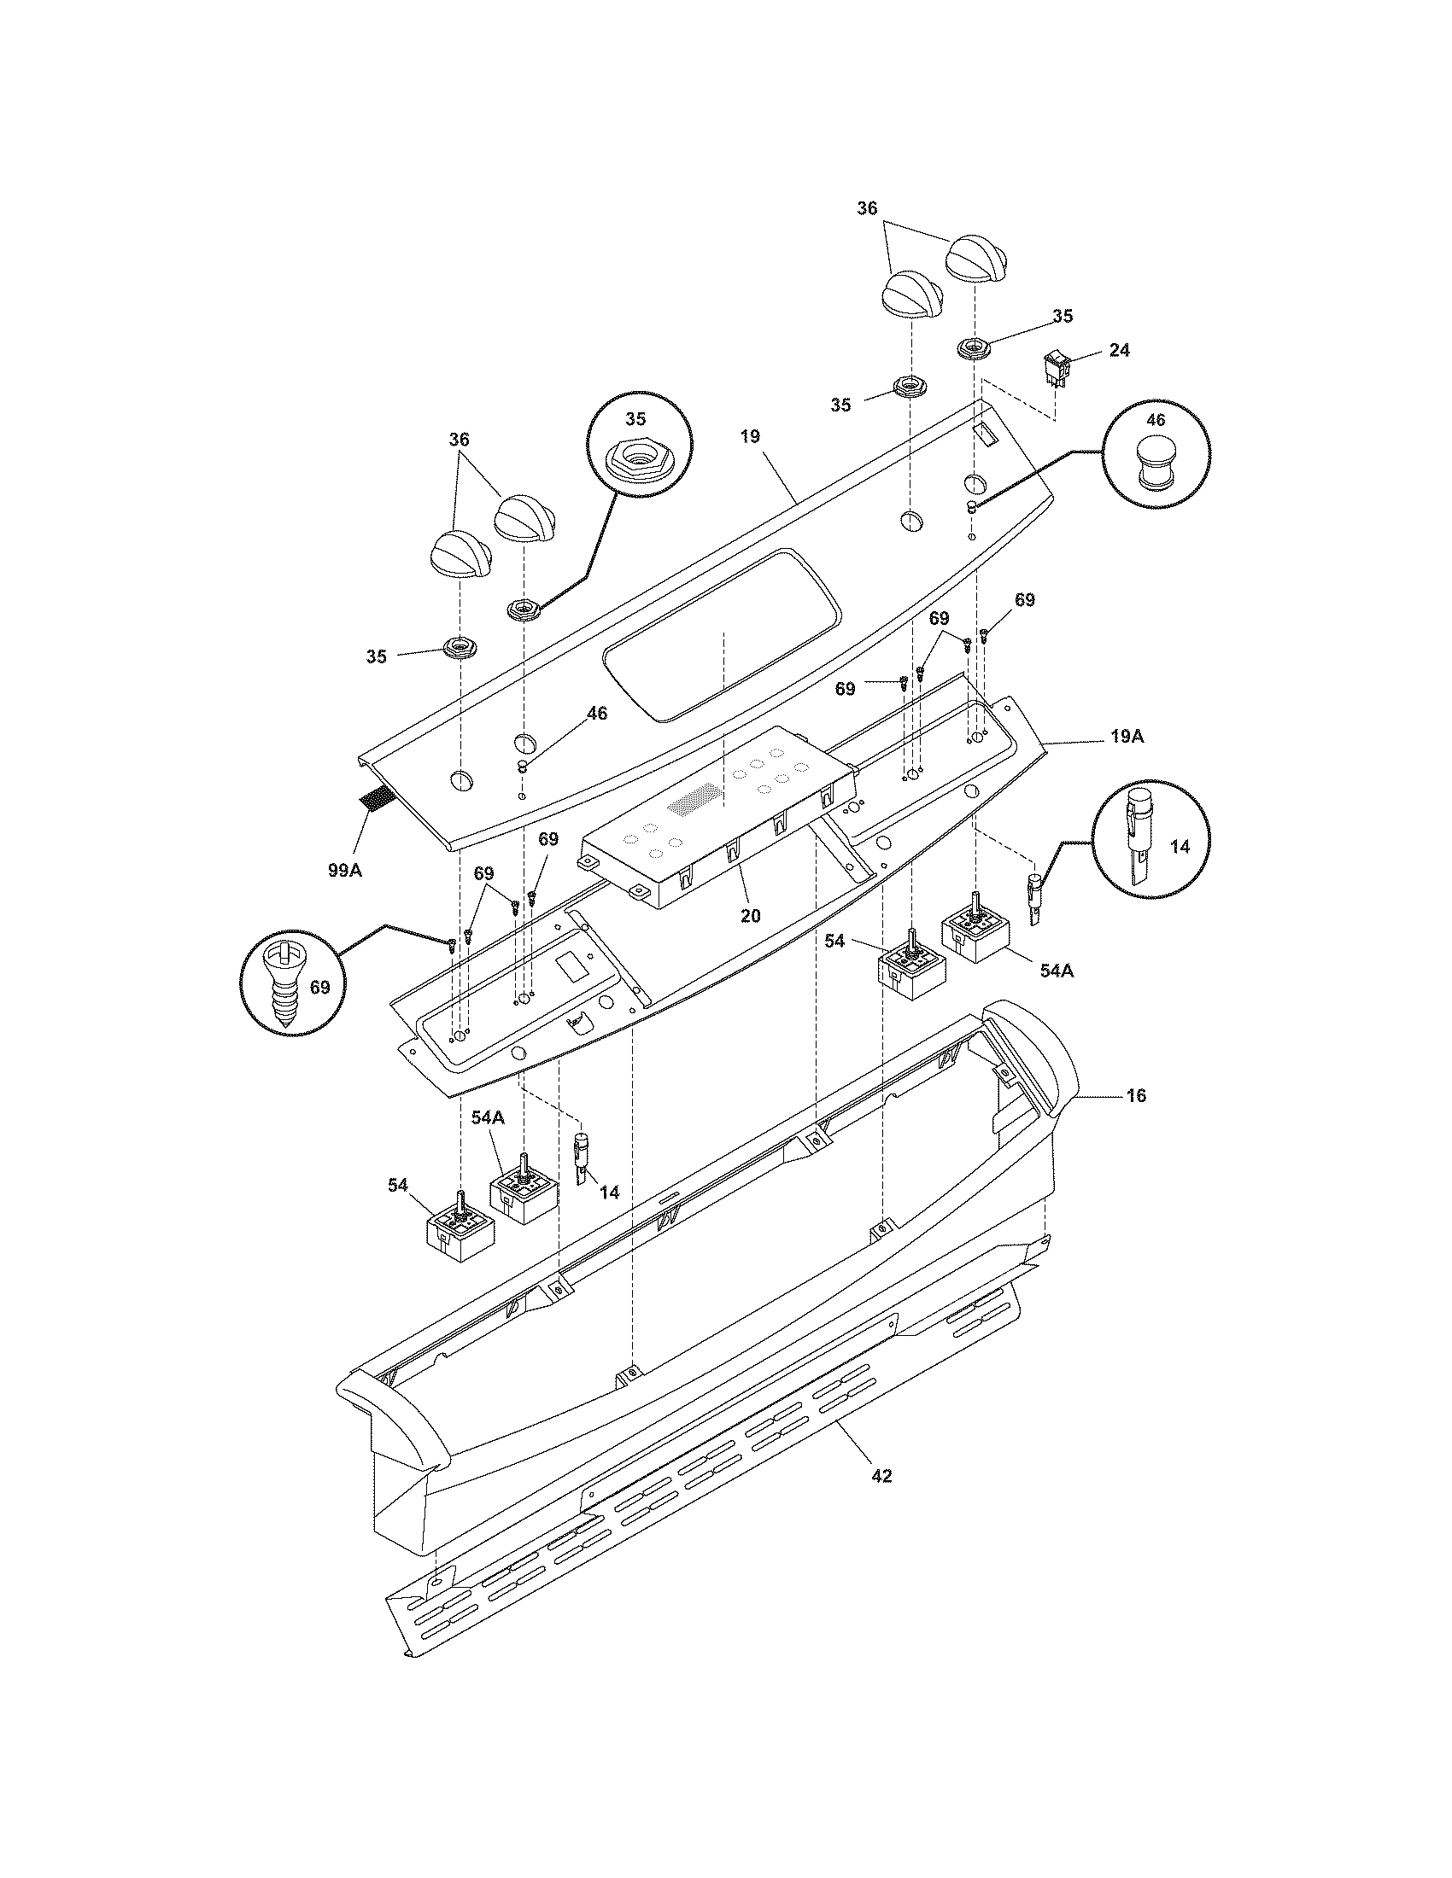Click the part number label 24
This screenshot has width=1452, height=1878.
pyautogui.click(x=1119, y=350)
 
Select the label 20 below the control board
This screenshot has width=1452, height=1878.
pyautogui.click(x=750, y=916)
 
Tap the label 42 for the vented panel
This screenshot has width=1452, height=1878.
pyautogui.click(x=881, y=1476)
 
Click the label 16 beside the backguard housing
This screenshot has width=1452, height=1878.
pyautogui.click(x=1136, y=1095)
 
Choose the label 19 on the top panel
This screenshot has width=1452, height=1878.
pyautogui.click(x=750, y=437)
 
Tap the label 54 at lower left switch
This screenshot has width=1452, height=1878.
pyautogui.click(x=397, y=1186)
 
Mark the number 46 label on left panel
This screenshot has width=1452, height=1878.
pyautogui.click(x=596, y=713)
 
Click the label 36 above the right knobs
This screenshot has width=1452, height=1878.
pyautogui.click(x=867, y=208)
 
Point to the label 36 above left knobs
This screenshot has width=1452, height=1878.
pyautogui.click(x=460, y=440)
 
